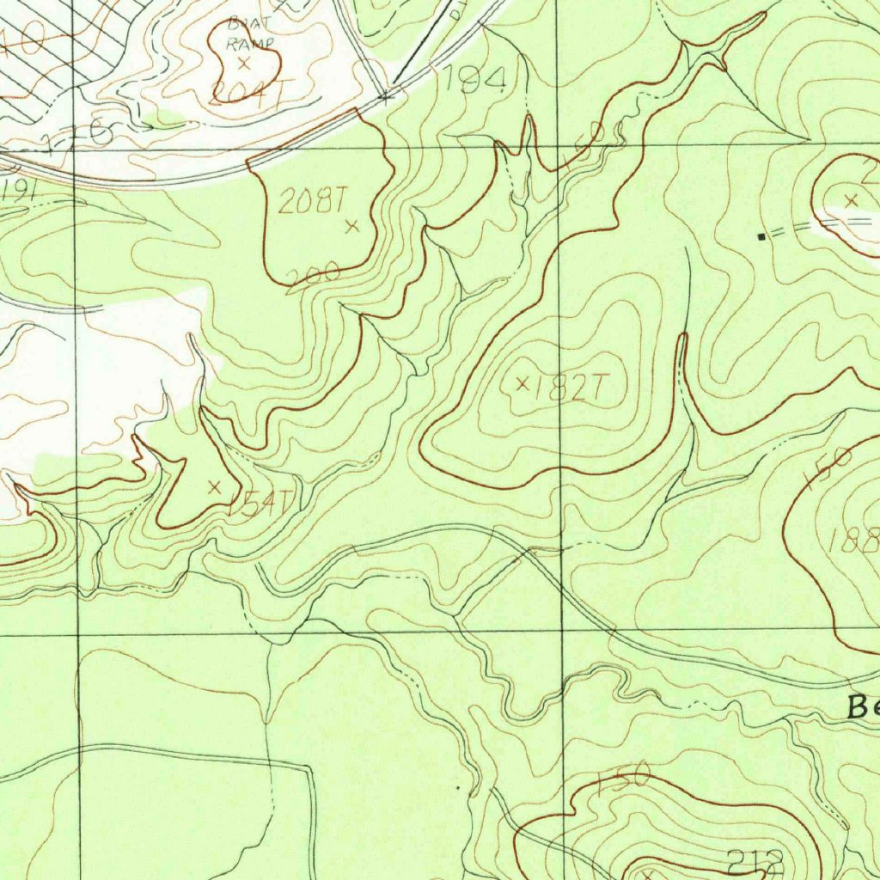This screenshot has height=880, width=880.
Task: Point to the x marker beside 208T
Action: pyautogui.click(x=351, y=227)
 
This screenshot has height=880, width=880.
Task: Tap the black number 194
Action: pyautogui.click(x=473, y=82)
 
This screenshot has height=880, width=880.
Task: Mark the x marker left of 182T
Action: pyautogui.click(x=522, y=383)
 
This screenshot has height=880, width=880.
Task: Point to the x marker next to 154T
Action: pyautogui.click(x=215, y=486)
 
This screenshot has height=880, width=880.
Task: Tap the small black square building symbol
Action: pyautogui.click(x=761, y=235)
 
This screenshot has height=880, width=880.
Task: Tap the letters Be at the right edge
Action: pyautogui.click(x=862, y=706)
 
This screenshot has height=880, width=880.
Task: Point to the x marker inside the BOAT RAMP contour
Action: pyautogui.click(x=244, y=64)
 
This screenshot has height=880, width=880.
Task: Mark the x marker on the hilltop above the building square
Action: pyautogui.click(x=851, y=200)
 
